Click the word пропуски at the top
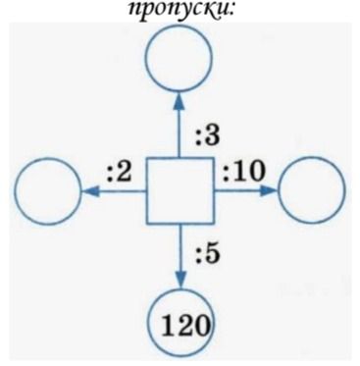[179, 12]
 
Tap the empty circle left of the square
[48, 191]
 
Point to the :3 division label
[208, 136]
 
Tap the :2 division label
[120, 173]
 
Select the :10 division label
[242, 173]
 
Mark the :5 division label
[208, 254]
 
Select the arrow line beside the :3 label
[180, 125]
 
